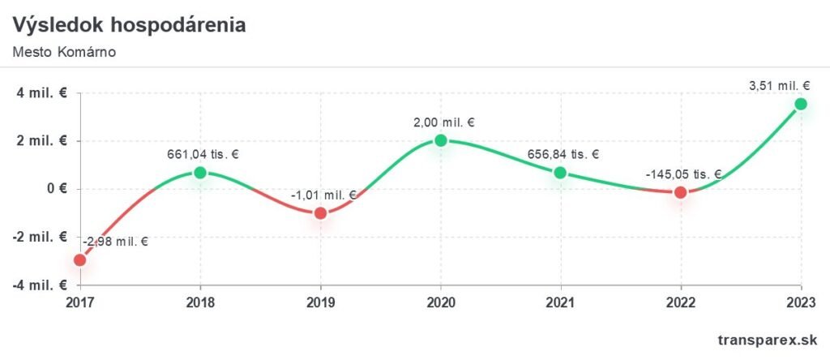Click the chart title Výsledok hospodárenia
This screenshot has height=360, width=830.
click(129, 25)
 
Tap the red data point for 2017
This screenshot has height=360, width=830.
click(79, 260)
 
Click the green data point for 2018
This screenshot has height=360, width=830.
click(200, 172)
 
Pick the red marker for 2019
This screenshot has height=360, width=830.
click(320, 213)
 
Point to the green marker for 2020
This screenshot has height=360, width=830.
click(441, 140)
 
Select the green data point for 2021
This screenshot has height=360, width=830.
click(560, 173)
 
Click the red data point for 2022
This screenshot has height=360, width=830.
click(681, 192)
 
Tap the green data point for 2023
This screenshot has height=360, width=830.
click(801, 104)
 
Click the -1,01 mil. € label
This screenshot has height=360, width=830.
click(323, 195)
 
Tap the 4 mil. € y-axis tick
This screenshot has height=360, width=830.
click(43, 92)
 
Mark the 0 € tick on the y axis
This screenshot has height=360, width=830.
click(56, 189)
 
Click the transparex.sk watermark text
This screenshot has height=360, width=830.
click(768, 341)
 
